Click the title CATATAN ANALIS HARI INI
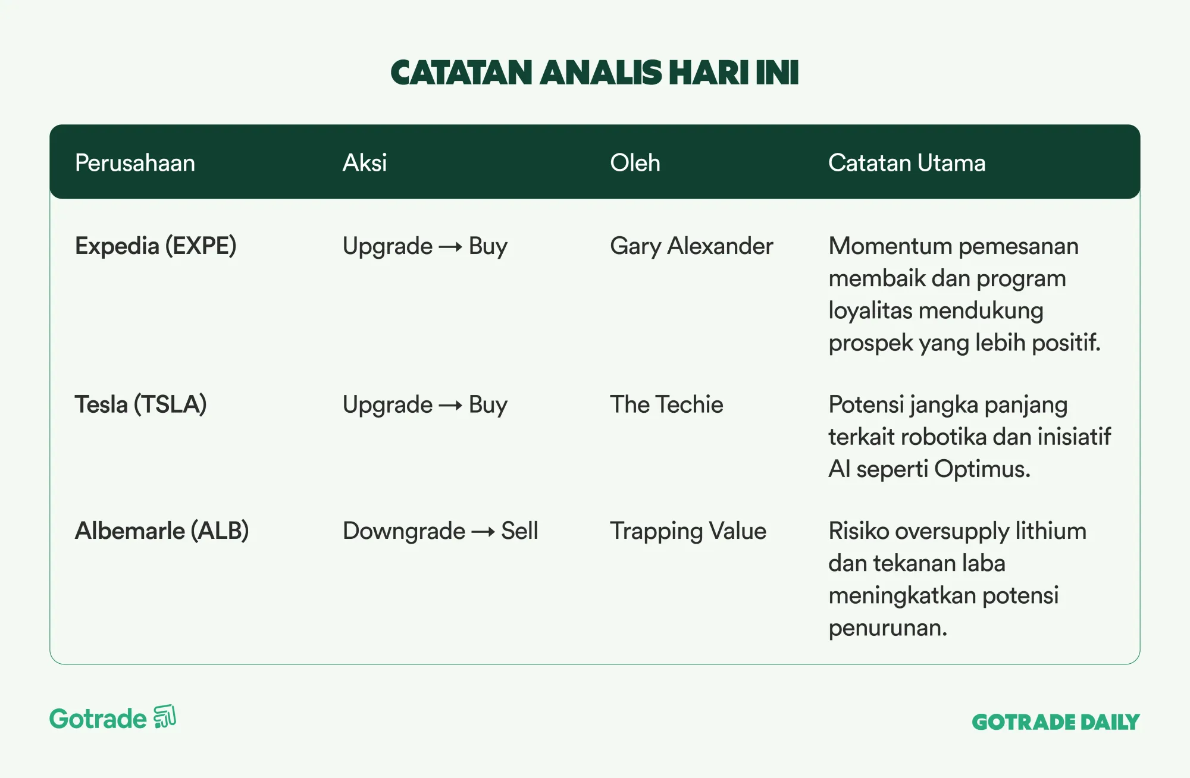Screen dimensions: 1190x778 (594, 73)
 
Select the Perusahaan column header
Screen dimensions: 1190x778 (135, 163)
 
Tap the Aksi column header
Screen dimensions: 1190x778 (365, 163)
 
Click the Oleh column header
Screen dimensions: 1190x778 (635, 163)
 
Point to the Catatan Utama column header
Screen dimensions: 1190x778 (907, 163)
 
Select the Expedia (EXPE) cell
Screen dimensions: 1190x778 (156, 246)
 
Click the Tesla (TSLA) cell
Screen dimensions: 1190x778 (141, 404)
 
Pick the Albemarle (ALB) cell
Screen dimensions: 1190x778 (162, 531)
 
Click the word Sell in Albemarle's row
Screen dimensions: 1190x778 (519, 531)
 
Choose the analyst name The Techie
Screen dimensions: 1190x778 (666, 404)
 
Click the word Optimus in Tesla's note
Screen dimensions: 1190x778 (982, 470)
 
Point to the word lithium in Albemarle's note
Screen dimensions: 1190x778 (1051, 531)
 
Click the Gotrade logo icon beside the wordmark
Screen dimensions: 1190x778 (165, 717)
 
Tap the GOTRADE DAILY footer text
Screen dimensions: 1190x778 (1056, 722)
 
